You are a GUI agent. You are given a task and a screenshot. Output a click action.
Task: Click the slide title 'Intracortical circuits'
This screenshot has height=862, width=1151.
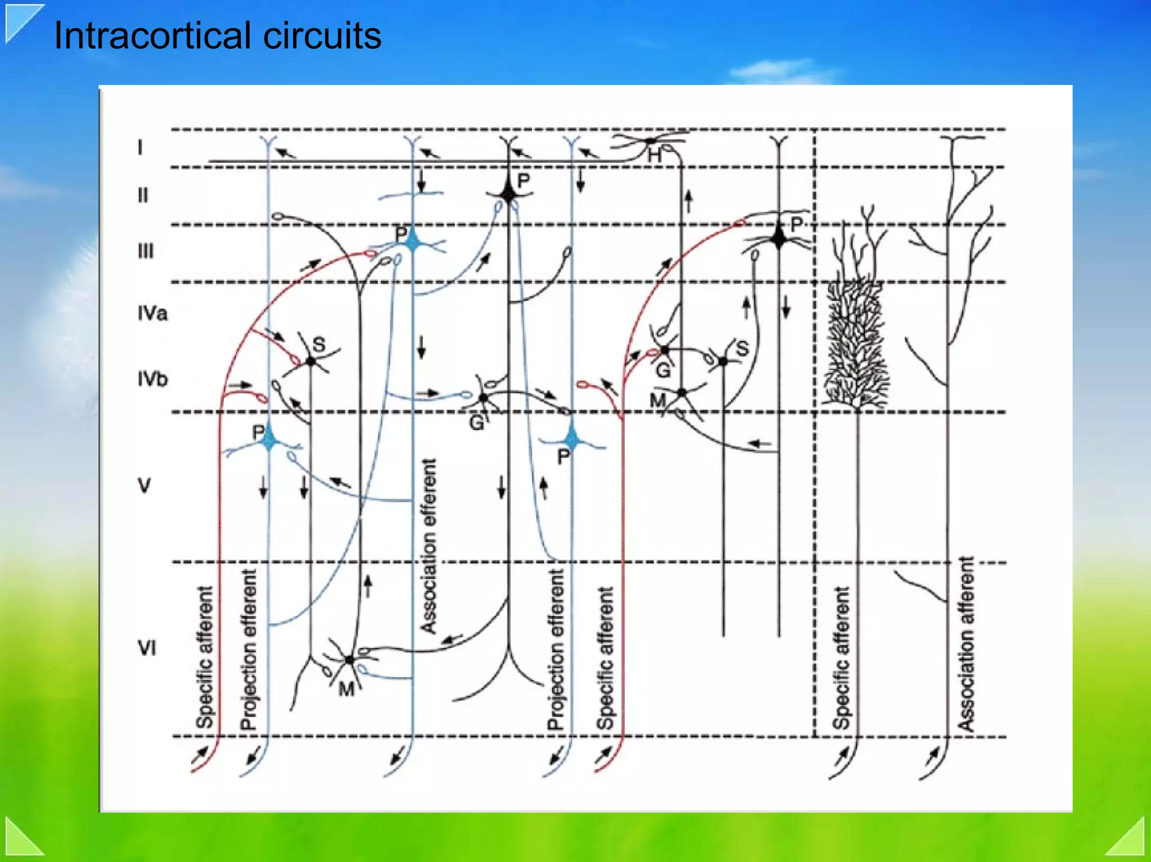[x=217, y=36]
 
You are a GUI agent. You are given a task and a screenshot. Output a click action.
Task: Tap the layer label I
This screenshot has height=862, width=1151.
[x=140, y=147]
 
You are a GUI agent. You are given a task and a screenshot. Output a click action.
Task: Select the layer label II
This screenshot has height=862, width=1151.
[x=143, y=195]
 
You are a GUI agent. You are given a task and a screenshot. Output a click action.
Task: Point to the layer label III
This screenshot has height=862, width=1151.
[x=145, y=251]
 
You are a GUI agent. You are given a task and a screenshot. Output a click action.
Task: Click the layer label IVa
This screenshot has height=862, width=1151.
[x=152, y=313]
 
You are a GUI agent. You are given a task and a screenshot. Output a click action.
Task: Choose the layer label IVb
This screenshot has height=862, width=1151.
[x=152, y=379]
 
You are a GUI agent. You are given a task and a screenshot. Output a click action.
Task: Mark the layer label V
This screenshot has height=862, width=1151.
[x=144, y=485]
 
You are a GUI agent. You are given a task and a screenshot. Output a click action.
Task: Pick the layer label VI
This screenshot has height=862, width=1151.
[x=147, y=648]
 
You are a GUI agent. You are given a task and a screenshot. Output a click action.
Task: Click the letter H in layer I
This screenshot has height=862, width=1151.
[x=654, y=155]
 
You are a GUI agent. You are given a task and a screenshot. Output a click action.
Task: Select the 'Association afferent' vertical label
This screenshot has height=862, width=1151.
[x=966, y=644]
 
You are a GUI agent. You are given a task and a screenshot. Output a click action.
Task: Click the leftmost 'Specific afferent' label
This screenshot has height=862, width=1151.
[x=205, y=657]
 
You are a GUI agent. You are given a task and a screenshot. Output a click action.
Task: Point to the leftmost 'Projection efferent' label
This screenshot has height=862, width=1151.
[x=248, y=650]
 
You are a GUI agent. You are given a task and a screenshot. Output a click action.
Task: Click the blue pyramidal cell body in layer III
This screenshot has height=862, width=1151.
[x=414, y=242]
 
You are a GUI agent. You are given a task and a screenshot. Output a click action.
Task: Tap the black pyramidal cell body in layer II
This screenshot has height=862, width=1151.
[x=509, y=194]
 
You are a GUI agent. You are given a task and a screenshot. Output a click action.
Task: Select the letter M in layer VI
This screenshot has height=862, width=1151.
[x=346, y=688]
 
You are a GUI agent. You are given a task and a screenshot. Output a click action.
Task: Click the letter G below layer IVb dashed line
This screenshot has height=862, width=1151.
[x=477, y=423]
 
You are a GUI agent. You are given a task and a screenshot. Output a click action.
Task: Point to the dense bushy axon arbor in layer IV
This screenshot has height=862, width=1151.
[x=855, y=343]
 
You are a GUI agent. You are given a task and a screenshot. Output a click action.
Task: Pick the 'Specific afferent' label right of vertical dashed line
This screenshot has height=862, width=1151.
[x=841, y=657]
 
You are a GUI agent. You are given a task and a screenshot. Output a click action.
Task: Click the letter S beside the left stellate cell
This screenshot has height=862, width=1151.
[x=319, y=344]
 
